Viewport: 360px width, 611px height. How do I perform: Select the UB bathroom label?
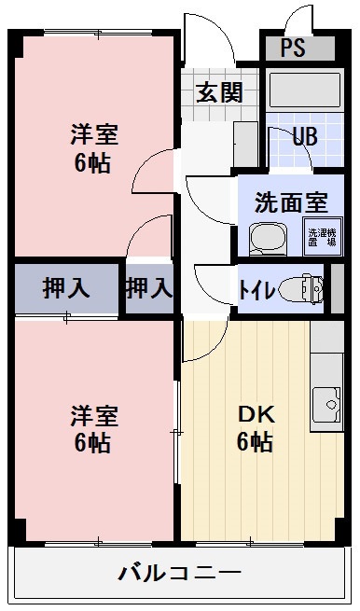click(x=304, y=136)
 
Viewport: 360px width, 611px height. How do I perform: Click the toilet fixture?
click(x=304, y=289)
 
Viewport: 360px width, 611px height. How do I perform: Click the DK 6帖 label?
click(x=254, y=429)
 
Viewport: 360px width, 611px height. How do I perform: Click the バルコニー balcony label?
click(x=180, y=573)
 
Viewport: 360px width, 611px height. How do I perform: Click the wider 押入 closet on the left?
click(x=66, y=288)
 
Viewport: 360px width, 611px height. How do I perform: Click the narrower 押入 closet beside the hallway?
click(x=149, y=288)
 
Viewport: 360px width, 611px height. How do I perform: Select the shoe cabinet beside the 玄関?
click(x=245, y=145)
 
